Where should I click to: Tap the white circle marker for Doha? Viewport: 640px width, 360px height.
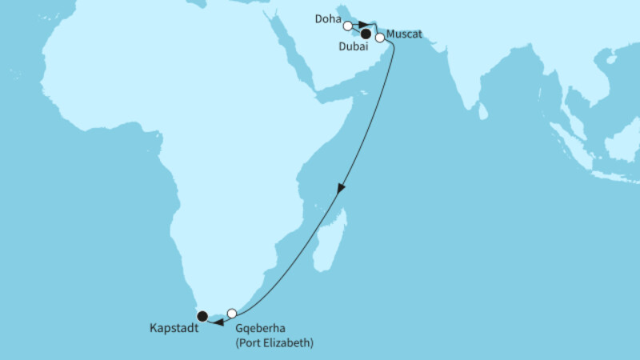point(348,26)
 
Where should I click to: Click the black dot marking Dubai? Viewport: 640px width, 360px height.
point(366,34)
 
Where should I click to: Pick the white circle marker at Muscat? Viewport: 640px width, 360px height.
point(380,37)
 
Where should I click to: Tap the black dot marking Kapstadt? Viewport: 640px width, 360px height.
point(203,316)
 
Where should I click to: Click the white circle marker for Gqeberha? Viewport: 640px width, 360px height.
point(232,313)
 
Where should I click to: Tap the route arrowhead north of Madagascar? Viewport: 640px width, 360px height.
point(342,190)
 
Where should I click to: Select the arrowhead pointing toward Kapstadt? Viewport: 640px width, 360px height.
point(217,321)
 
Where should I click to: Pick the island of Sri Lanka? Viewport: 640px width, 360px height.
point(483,112)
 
